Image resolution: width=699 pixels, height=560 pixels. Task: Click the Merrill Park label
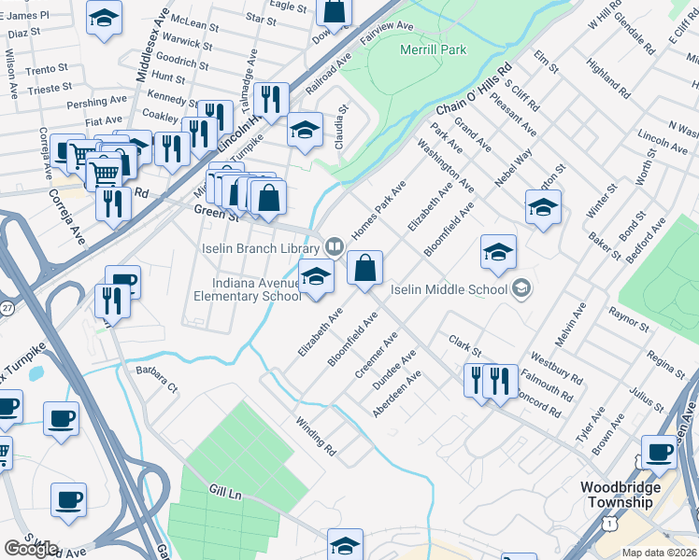pos(432,49)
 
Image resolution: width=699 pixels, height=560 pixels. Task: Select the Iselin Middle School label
pos(448,288)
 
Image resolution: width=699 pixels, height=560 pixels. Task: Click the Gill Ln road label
pos(225,490)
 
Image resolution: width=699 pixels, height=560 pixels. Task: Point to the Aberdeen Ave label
pos(397,393)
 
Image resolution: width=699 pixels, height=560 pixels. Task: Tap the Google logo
pos(31,549)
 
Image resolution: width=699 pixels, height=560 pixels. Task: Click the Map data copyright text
pos(660,553)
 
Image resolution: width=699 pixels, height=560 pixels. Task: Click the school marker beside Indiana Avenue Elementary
pos(316,277)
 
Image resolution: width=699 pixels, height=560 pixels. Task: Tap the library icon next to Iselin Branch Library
pos(334,248)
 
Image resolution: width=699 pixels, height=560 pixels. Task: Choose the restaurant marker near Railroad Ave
pos(270,99)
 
